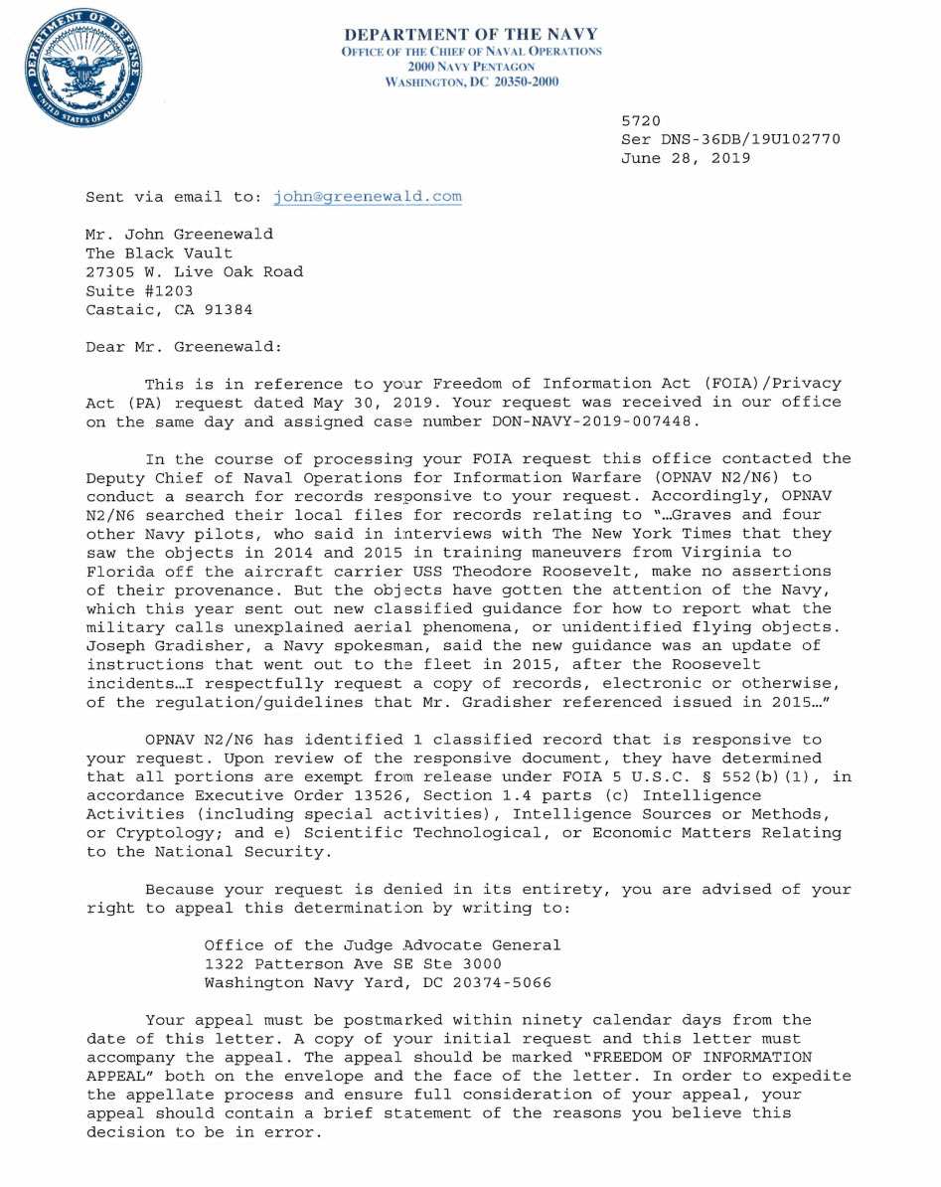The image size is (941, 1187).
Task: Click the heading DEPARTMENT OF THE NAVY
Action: coord(471,34)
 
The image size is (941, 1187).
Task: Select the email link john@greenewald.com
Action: coord(368,197)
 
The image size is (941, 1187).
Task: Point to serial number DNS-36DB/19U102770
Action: coord(745,139)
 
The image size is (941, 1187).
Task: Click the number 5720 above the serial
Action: coord(641,120)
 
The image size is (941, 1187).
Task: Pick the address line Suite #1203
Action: coord(139,291)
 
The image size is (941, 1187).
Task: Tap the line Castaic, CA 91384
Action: coord(169,309)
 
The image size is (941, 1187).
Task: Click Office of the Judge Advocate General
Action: coord(383,945)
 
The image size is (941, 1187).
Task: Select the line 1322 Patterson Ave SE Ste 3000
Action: coord(353,964)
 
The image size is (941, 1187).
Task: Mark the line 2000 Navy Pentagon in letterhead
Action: coord(471,66)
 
